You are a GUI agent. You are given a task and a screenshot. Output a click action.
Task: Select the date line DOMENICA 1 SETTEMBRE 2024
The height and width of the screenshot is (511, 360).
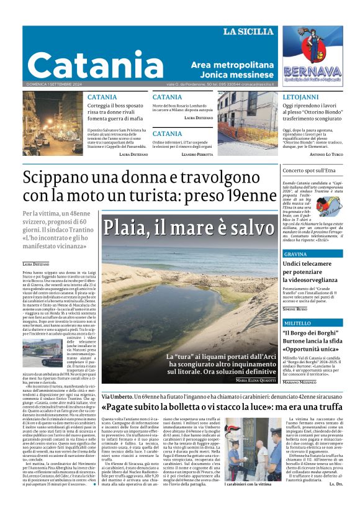click(57, 84)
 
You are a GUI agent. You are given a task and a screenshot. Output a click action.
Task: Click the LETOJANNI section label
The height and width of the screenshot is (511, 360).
click(300, 98)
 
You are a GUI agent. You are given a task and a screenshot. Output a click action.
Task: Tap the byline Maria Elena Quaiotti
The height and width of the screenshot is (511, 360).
click(256, 380)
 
